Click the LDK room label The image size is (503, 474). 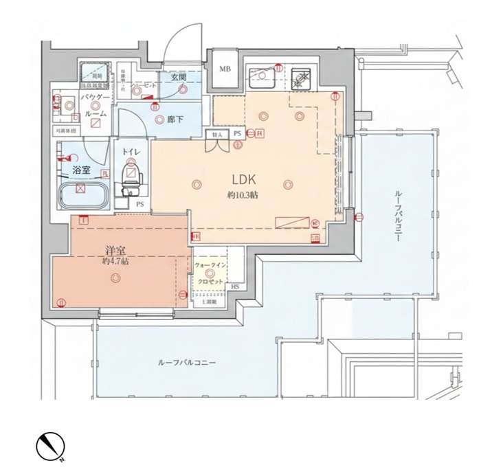click(243, 180)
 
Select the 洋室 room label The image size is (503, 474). click(115, 251)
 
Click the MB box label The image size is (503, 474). click(225, 69)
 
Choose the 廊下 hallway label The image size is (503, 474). click(175, 119)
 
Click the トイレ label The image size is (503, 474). click(131, 151)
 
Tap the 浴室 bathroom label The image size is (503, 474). click(81, 168)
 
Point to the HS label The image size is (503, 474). click(234, 286)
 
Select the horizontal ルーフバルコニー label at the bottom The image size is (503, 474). click(186, 361)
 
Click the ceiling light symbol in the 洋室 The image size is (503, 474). click(114, 278)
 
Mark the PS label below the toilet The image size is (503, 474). click(139, 204)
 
